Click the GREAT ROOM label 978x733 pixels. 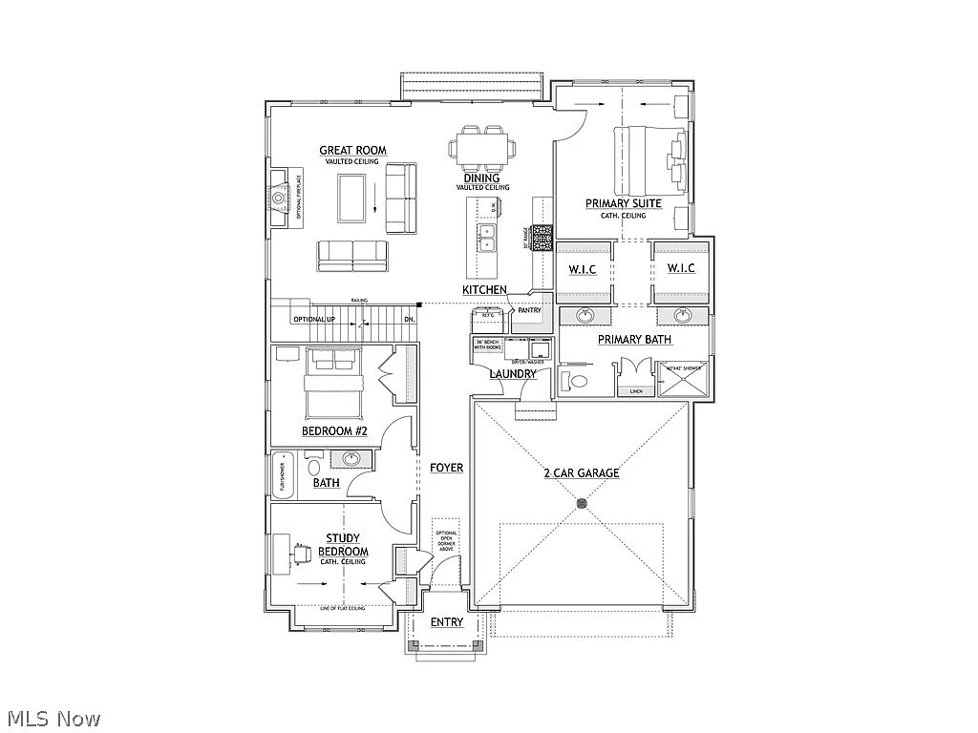pyautogui.click(x=352, y=150)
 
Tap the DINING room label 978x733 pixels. pyautogui.click(x=481, y=178)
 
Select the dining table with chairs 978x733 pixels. pyautogui.click(x=482, y=148)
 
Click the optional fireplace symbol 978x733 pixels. pyautogui.click(x=277, y=199)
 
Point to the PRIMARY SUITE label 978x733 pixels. pyautogui.click(x=623, y=203)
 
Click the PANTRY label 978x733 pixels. pyautogui.click(x=529, y=310)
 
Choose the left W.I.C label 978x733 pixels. pyautogui.click(x=583, y=269)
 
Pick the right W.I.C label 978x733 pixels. pyautogui.click(x=680, y=268)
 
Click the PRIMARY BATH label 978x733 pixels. pyautogui.click(x=634, y=339)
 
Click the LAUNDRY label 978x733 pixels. pyautogui.click(x=513, y=373)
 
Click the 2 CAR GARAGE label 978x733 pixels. pyautogui.click(x=581, y=472)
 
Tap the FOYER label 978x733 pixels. pyautogui.click(x=446, y=468)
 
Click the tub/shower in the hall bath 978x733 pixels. pyautogui.click(x=283, y=475)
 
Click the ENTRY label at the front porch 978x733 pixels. pyautogui.click(x=446, y=622)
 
